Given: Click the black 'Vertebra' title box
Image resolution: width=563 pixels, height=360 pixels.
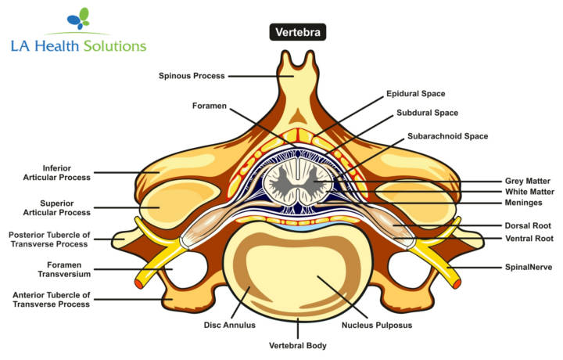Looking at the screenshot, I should pyautogui.click(x=298, y=32).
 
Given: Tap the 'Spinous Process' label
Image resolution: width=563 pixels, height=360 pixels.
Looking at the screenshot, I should pyautogui.click(x=192, y=76).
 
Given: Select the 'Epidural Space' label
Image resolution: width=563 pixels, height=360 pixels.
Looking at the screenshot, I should pyautogui.click(x=415, y=94).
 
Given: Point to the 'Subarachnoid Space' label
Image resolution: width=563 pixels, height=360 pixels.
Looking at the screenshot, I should pyautogui.click(x=447, y=136).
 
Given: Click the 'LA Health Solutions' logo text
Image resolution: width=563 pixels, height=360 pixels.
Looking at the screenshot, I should pyautogui.click(x=78, y=46).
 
